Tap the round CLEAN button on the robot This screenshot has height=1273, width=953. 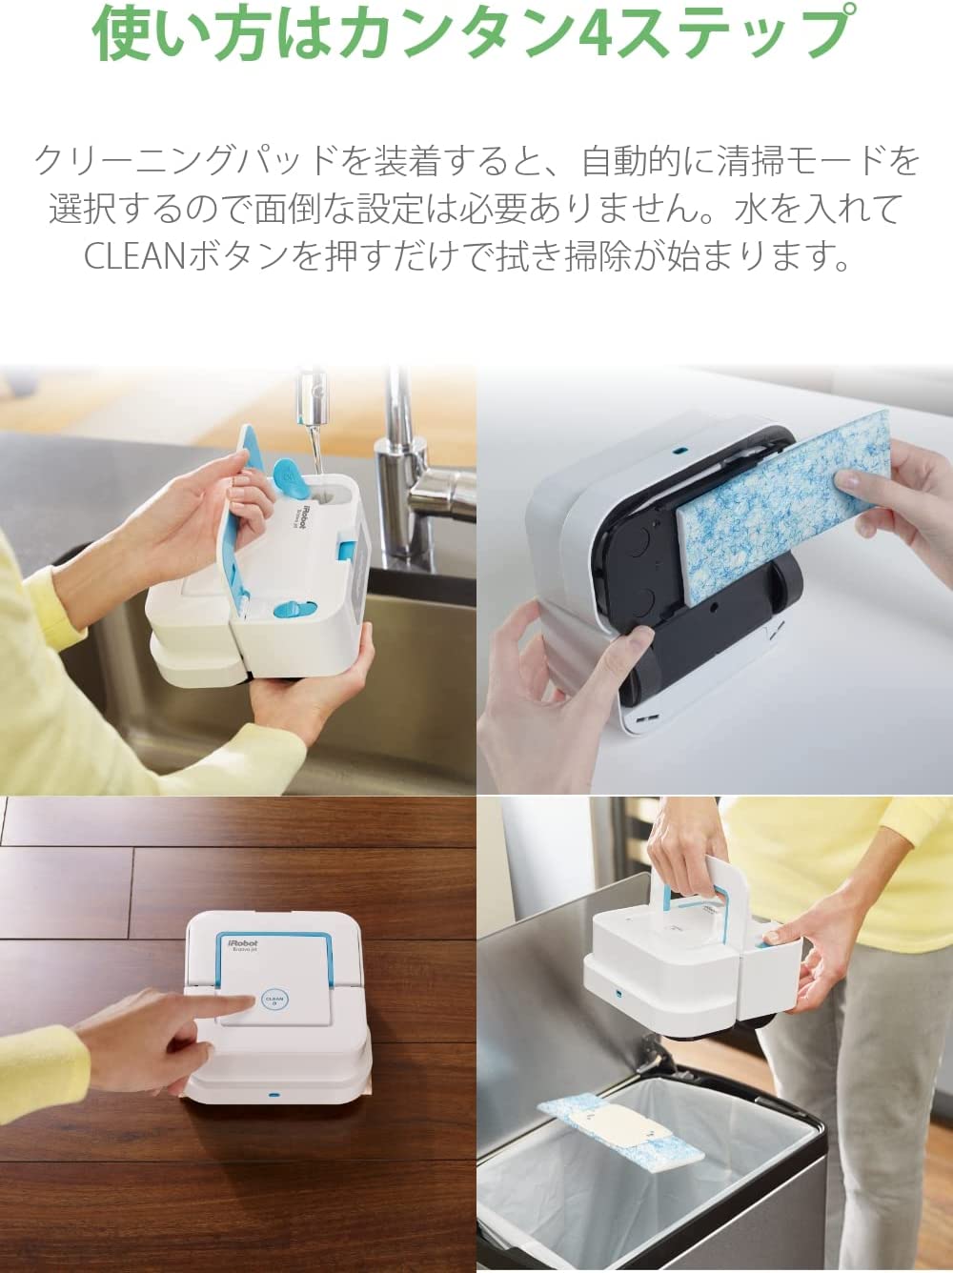point(274,1000)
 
